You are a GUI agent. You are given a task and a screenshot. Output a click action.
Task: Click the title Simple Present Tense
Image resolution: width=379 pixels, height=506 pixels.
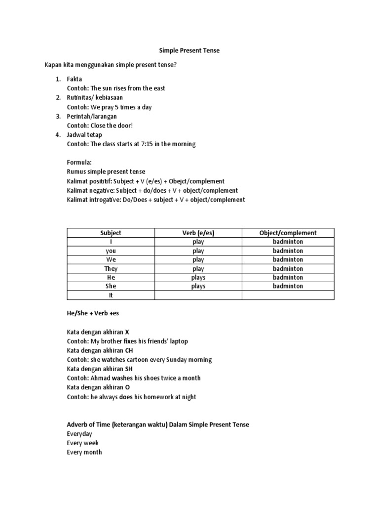pos(189,50)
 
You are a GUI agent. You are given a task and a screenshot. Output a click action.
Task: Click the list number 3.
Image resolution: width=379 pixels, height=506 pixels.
pos(57,116)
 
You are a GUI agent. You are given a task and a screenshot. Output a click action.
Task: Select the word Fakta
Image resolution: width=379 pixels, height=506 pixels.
pos(75,79)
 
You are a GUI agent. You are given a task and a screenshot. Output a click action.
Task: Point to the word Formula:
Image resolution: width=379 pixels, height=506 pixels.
pos(79,162)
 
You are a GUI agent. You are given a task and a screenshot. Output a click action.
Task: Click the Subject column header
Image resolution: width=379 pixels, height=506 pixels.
pos(111,233)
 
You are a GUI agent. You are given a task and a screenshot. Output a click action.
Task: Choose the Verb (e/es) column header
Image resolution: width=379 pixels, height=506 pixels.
pos(198,233)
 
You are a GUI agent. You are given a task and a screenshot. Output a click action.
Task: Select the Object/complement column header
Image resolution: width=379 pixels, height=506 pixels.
pos(288,233)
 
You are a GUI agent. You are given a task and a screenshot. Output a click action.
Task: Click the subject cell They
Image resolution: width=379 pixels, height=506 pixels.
pos(111,269)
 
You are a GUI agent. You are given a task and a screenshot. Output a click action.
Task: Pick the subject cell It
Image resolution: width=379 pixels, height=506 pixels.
pos(111,295)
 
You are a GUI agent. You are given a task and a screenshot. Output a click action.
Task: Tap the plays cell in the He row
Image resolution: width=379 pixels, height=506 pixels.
pos(198,278)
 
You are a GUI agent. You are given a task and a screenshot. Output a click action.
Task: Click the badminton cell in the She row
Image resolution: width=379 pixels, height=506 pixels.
pos(288,286)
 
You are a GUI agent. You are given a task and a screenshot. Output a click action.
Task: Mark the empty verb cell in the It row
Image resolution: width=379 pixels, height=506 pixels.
pos(198,295)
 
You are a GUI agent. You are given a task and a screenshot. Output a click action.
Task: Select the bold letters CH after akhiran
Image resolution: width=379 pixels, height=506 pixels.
pos(130,350)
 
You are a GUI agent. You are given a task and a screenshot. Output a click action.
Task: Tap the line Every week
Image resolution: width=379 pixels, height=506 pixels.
pos(82,443)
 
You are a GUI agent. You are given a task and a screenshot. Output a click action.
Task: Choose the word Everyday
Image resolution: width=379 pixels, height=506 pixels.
pos(79,434)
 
